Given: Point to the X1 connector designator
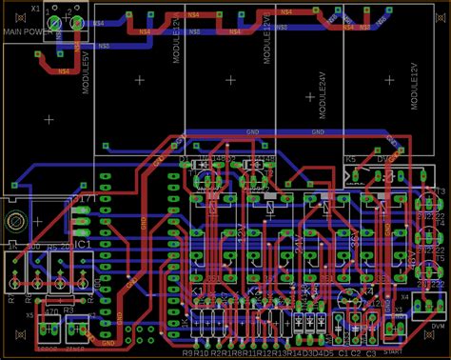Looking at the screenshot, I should [35, 8].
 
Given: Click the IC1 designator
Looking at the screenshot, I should [83, 246].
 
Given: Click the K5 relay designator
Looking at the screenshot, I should [350, 159].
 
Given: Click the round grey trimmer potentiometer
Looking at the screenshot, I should [15, 221].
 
